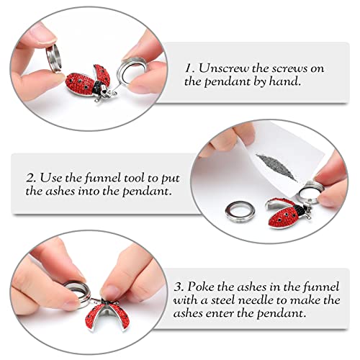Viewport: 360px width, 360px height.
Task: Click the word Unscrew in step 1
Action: click(x=224, y=68)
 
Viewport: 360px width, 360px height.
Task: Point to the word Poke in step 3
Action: click(x=200, y=287)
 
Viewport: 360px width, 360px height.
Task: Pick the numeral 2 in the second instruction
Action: click(x=31, y=179)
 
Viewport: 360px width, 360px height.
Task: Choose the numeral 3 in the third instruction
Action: click(x=179, y=287)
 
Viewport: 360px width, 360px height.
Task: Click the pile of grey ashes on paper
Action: click(x=276, y=166)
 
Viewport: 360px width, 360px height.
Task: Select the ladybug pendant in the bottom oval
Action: click(x=107, y=313)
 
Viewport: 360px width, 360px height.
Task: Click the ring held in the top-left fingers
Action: click(x=54, y=57)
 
